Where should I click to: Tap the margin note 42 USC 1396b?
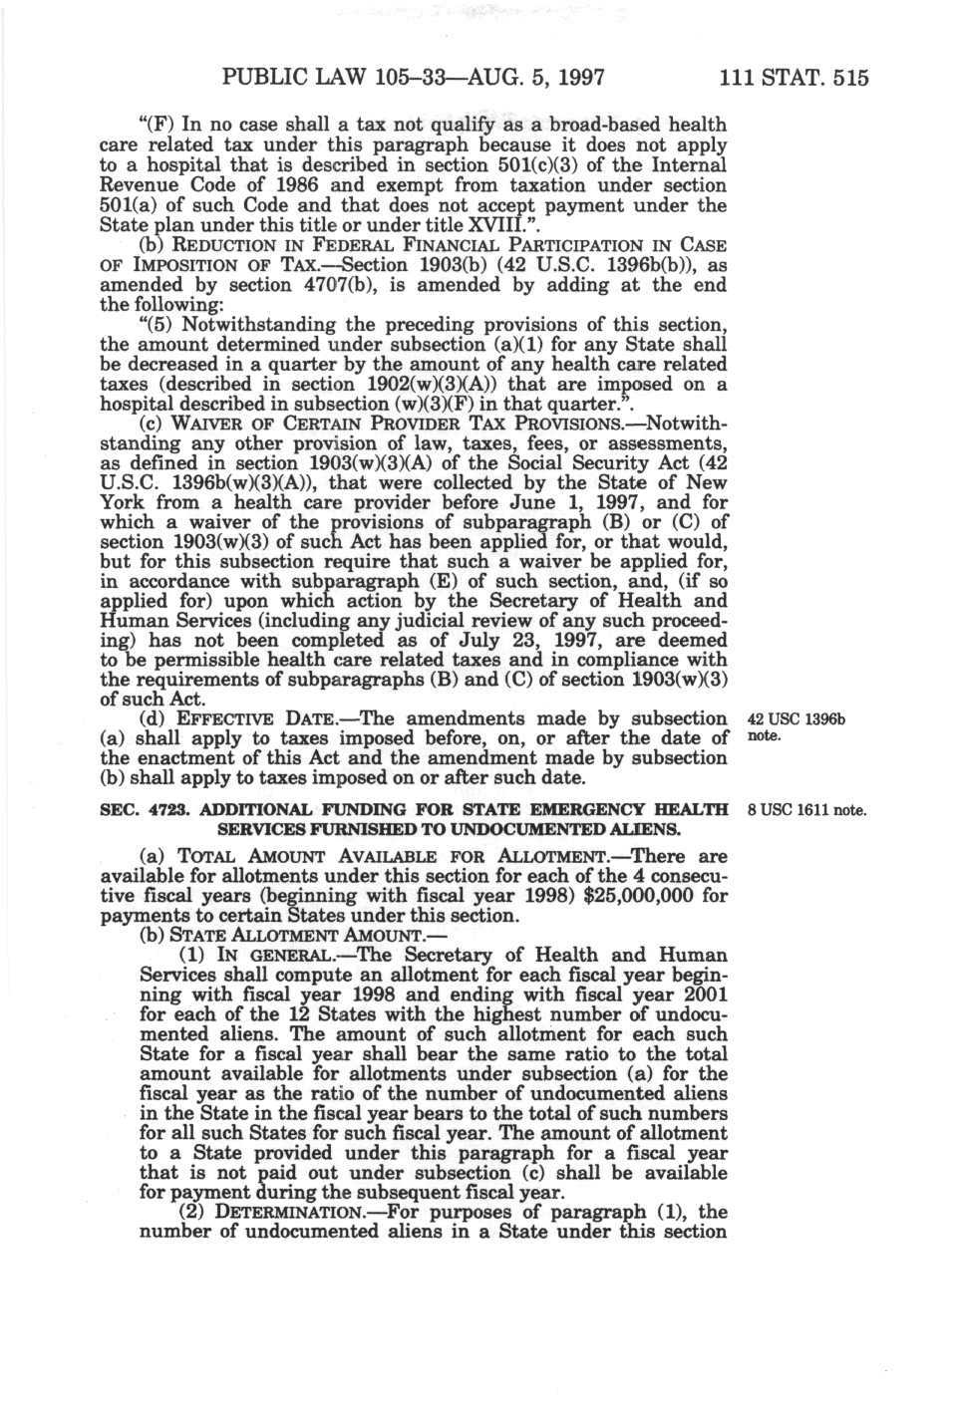(x=795, y=719)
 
